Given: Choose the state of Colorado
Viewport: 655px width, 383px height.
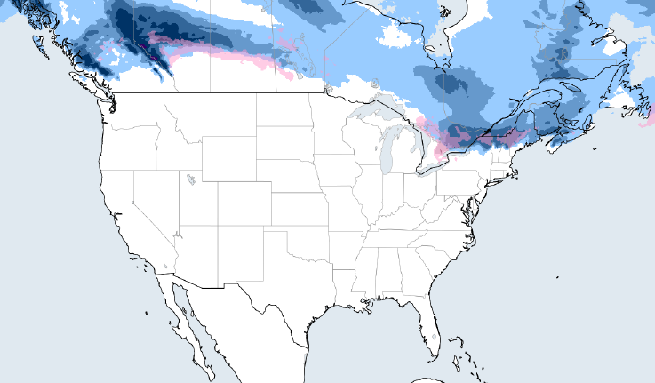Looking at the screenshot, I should (244, 205).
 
